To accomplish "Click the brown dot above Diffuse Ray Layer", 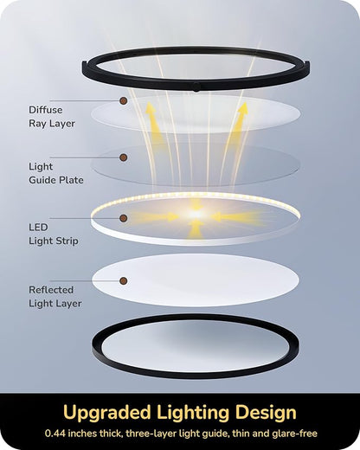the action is [124, 100].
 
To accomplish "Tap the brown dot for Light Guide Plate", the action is [124, 157].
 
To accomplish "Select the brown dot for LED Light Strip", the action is [124, 218].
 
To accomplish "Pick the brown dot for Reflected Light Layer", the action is [124, 280].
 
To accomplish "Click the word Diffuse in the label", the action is [46, 110].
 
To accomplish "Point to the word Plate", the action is [71, 180].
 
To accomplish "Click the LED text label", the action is [38, 228].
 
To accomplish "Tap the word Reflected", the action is [51, 290].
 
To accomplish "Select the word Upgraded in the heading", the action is [107, 413].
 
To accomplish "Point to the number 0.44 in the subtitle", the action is [55, 434].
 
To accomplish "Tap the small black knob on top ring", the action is [196, 87].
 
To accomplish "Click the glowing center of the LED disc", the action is [196, 215].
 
